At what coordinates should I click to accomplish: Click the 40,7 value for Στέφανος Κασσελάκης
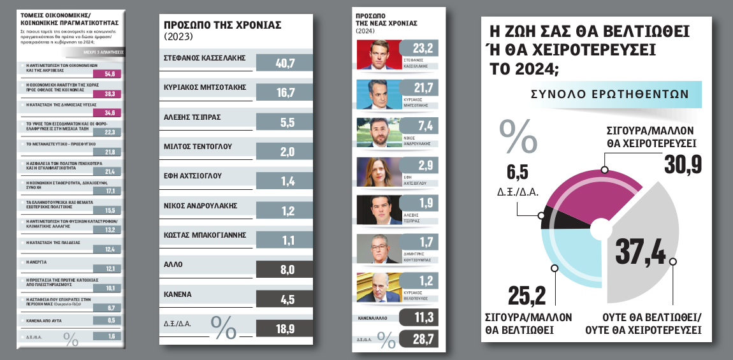284,63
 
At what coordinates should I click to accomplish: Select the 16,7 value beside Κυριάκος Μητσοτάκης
284,93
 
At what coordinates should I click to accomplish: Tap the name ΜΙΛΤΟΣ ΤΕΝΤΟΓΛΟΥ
198,146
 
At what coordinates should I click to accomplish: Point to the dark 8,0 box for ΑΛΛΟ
284,270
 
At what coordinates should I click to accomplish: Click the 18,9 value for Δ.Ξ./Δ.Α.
284,328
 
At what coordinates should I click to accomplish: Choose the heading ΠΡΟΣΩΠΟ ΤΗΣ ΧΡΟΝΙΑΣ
222,25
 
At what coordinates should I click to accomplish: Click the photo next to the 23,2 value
377,55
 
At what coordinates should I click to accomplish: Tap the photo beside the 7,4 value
377,133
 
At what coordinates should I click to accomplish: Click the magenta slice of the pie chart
574,191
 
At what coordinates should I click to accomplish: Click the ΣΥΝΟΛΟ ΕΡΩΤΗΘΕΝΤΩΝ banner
609,94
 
